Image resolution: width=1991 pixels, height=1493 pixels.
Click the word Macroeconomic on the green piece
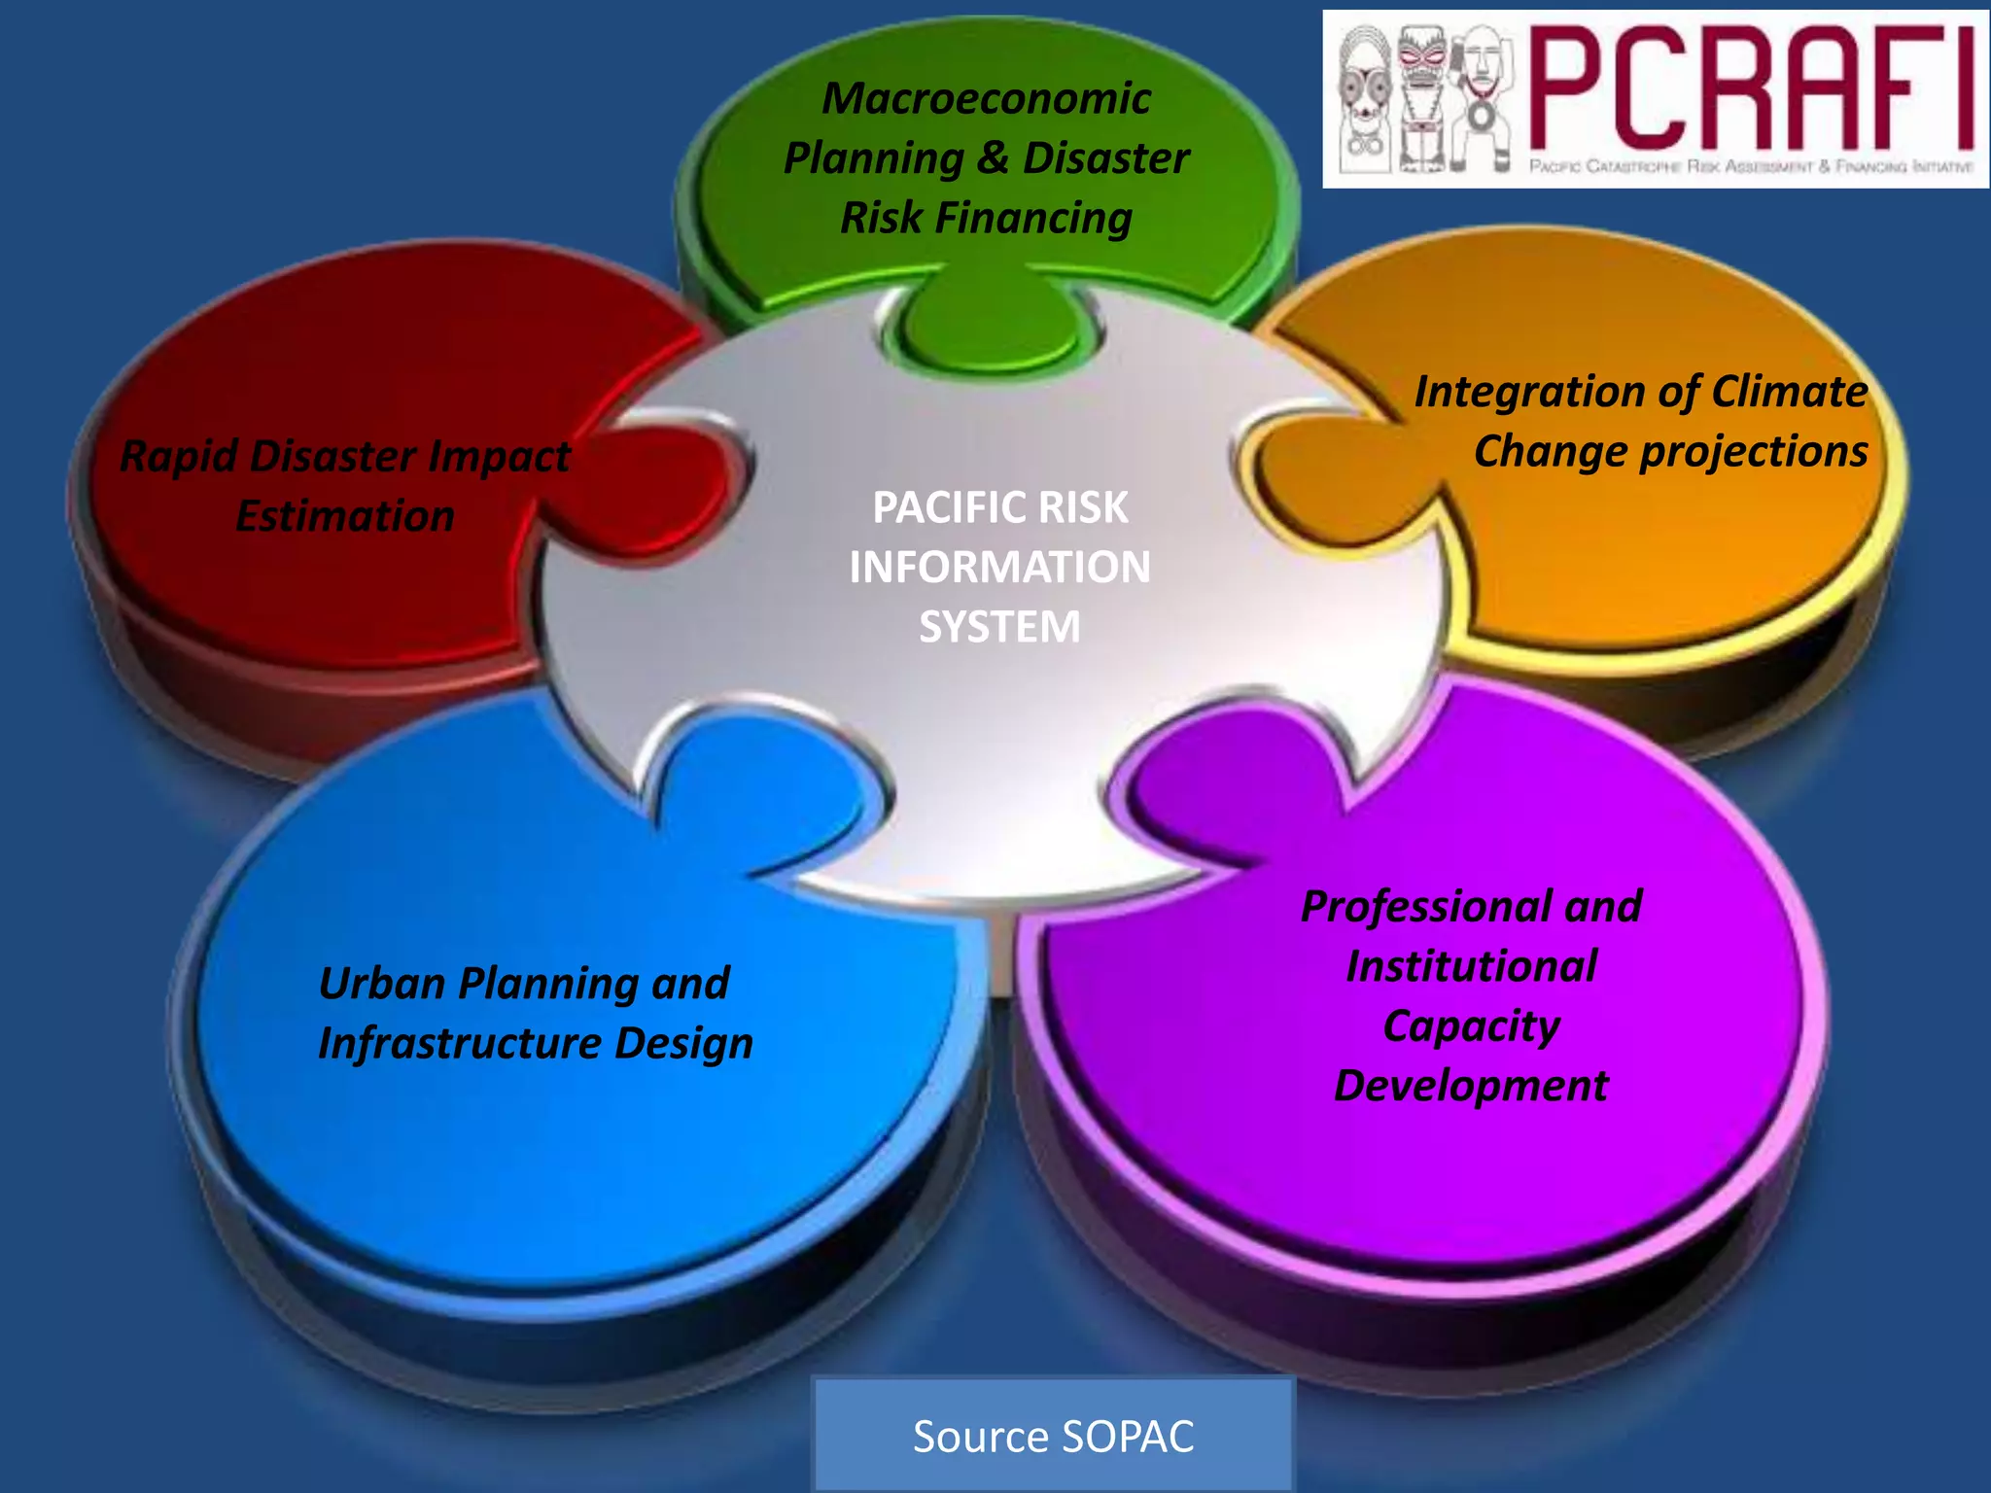(985, 98)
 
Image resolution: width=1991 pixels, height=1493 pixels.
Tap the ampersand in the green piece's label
(992, 158)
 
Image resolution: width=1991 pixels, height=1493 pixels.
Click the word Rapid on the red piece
(177, 456)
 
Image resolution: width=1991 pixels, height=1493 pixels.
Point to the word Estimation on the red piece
(345, 515)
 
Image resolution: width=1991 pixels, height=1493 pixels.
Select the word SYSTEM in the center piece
(999, 627)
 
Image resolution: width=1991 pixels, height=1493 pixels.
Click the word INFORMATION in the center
(999, 568)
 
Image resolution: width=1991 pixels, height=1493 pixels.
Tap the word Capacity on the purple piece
(1471, 1026)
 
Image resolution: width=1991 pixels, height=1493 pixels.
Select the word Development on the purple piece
(1470, 1086)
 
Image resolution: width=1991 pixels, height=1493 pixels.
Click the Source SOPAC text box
(1053, 1436)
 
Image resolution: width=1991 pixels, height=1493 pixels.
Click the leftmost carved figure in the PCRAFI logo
(1363, 99)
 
